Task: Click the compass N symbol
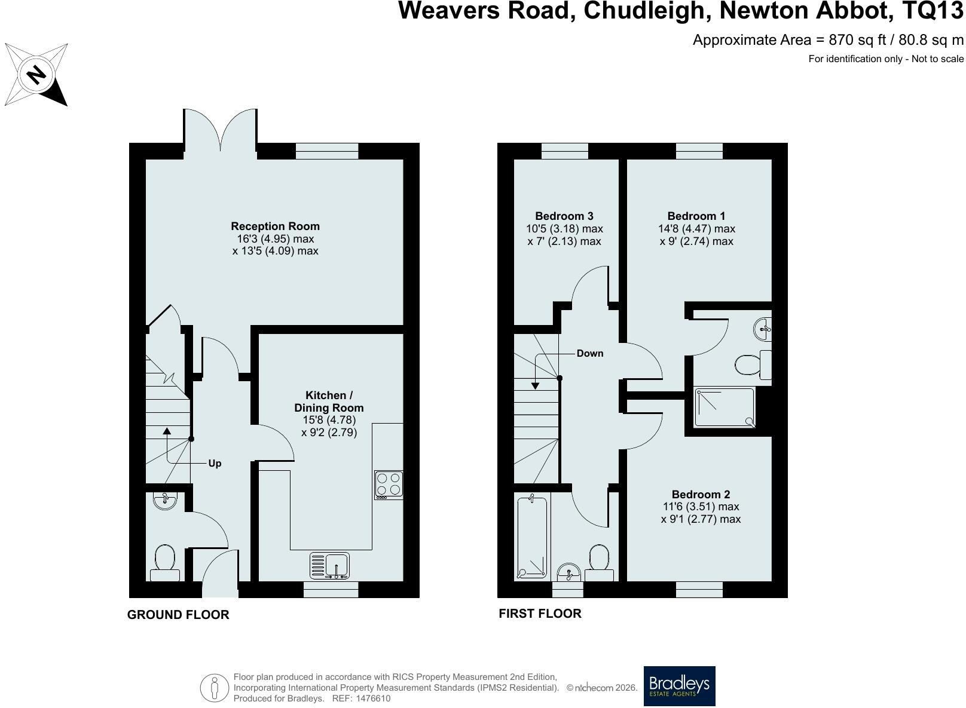coord(36,75)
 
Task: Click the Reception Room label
coord(275,226)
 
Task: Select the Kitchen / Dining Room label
coord(329,401)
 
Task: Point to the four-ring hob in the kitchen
coord(389,485)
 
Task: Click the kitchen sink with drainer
coord(329,566)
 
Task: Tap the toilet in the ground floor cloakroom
coord(165,563)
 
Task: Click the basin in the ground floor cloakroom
coord(164,500)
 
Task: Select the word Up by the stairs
coord(215,463)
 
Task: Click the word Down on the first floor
coord(590,353)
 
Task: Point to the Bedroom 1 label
coord(696,216)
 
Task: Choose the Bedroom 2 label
coord(701,494)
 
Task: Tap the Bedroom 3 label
coord(564,216)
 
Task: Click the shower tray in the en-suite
coord(724,407)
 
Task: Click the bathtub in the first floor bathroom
coord(532,537)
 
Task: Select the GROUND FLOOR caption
coord(178,614)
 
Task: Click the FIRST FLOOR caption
coord(540,613)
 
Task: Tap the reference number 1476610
coord(373,698)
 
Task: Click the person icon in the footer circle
coord(215,688)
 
